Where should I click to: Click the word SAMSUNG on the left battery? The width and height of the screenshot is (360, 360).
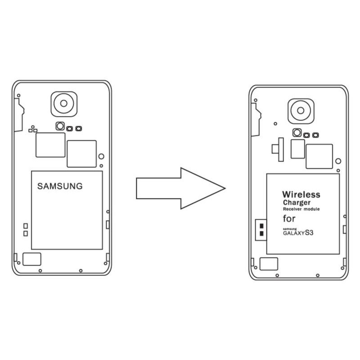coord(60,186)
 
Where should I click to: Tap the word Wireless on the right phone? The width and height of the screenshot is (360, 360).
coord(301,194)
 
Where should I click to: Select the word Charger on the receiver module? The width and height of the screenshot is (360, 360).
coord(297,203)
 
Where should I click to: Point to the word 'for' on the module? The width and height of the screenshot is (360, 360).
coord(289,219)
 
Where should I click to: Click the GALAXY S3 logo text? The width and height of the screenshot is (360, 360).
coord(298,233)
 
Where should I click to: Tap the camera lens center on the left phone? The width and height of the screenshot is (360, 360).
coord(64,103)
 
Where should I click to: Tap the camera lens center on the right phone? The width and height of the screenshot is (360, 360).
coord(301,111)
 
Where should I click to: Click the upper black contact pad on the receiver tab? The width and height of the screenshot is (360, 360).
coord(261,226)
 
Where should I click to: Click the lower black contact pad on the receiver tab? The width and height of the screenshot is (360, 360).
coord(261,234)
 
